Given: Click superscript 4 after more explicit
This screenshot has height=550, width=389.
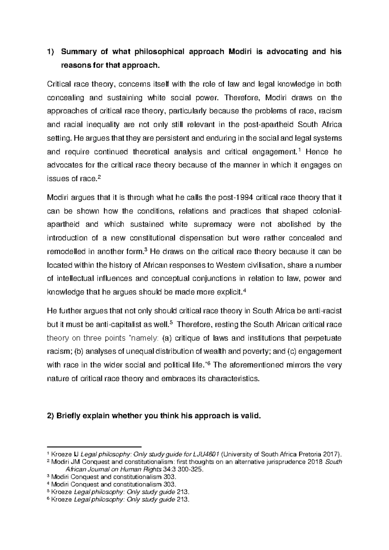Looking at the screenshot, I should click(244, 290).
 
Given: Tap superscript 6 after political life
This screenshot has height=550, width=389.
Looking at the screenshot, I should click(208, 363).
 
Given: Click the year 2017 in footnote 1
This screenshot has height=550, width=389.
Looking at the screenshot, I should click(331, 454).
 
